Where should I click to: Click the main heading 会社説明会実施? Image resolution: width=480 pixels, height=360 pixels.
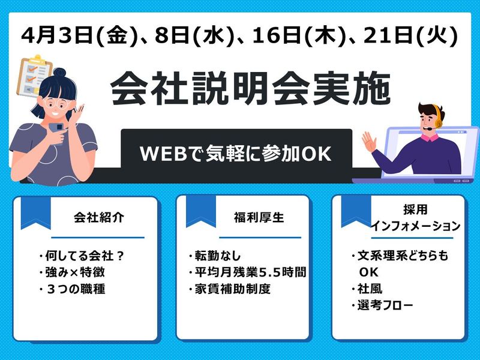click(x=250, y=89)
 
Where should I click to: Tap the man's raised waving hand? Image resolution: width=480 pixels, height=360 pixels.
click(x=368, y=143)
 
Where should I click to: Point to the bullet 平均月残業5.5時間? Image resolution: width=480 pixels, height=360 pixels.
click(x=247, y=272)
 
